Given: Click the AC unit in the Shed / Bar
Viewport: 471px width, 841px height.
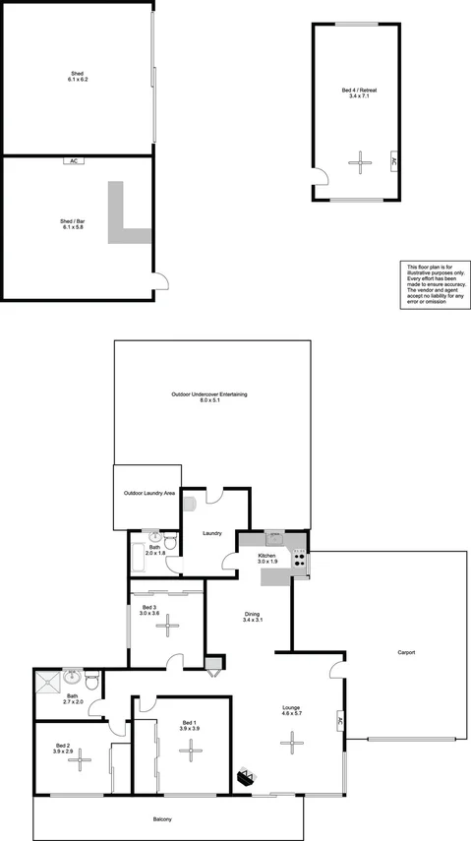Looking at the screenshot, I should (x=74, y=161).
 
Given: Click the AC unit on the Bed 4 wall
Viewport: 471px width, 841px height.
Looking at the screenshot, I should (x=394, y=162).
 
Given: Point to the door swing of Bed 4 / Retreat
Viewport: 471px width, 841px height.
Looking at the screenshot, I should (x=322, y=178).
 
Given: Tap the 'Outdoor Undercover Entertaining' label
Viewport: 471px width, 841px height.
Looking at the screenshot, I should (x=208, y=396).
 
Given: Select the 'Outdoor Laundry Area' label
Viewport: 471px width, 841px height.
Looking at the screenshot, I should (x=146, y=493).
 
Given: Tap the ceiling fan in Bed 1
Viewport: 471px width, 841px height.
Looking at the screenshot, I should (x=191, y=751).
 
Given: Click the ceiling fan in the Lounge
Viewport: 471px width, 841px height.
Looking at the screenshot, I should (x=292, y=744).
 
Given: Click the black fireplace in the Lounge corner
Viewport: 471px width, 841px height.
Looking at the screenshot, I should (x=246, y=777).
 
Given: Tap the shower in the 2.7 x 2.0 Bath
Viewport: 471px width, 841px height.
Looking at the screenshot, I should (x=47, y=680).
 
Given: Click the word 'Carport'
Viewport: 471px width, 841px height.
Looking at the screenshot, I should (x=406, y=652).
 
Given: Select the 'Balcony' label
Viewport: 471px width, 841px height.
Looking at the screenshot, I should (x=163, y=819).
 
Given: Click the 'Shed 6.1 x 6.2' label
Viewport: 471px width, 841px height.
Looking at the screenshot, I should (x=77, y=77).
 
